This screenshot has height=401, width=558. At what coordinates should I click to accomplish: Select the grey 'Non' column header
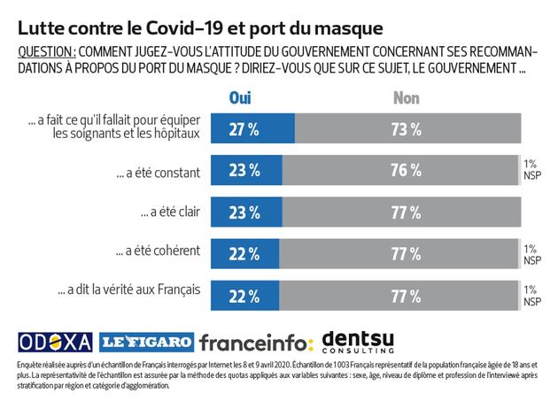(x=407, y=97)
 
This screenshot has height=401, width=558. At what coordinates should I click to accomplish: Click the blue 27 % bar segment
(x=253, y=129)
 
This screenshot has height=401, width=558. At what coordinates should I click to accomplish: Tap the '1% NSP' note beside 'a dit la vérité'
(x=531, y=295)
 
